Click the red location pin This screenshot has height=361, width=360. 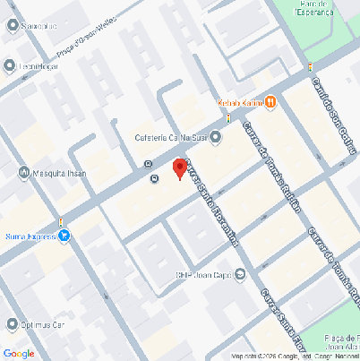tap(179, 168)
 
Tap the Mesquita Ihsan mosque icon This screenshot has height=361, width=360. tap(24, 172)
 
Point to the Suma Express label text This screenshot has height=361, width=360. tap(30, 236)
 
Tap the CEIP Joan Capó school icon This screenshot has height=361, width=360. tap(238, 275)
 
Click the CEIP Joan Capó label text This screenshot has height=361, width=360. tap(203, 275)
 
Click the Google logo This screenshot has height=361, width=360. tap(19, 353)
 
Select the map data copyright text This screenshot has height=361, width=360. tap(294, 357)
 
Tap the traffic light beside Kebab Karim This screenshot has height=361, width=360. tap(228, 117)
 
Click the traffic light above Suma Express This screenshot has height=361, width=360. tap(60, 221)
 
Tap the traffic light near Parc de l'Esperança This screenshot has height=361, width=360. tap(309, 67)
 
